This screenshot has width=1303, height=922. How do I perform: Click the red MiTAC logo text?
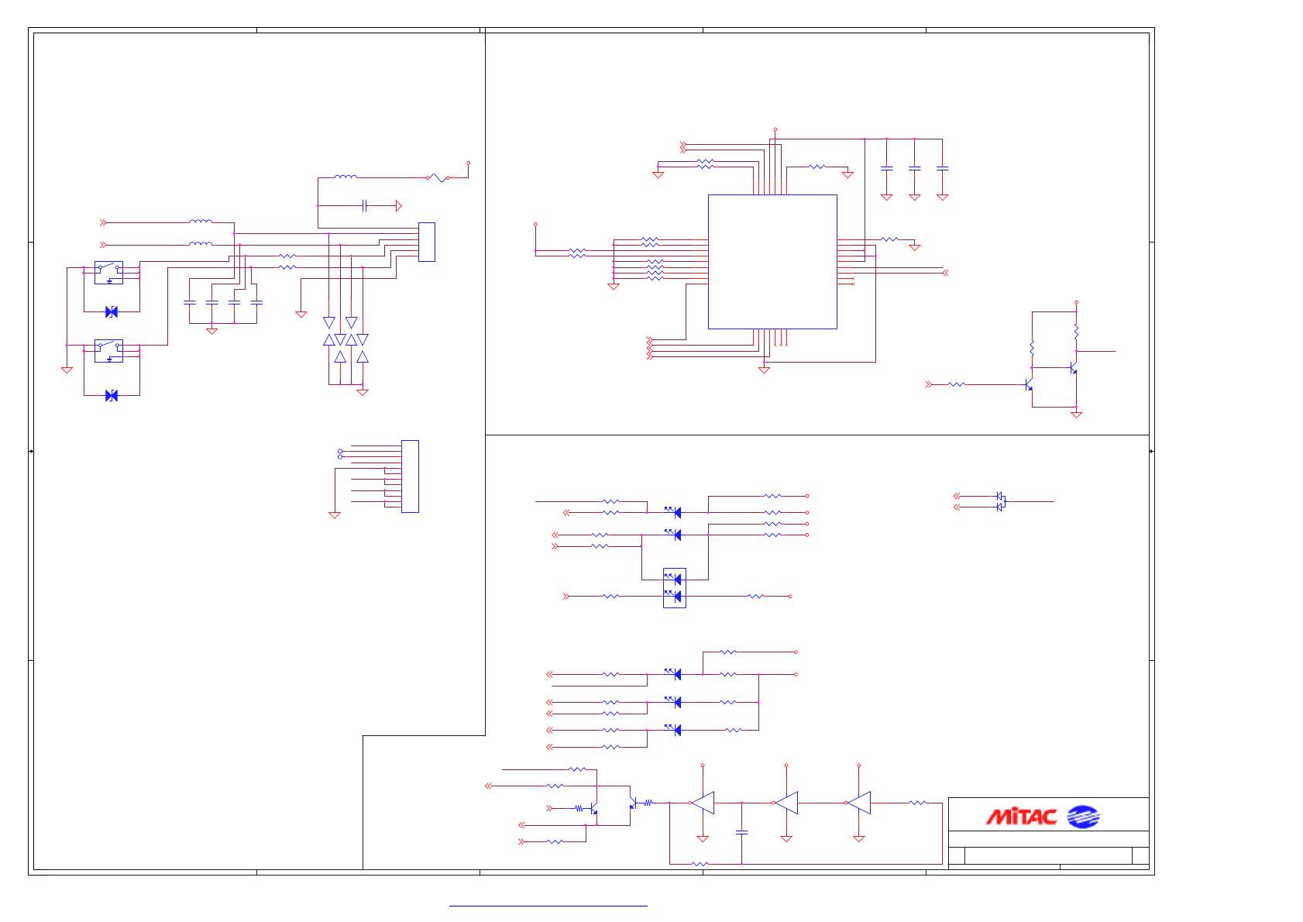[x=1021, y=817]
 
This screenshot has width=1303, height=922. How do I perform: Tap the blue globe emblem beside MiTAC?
[x=1083, y=817]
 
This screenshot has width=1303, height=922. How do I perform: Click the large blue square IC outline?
[x=772, y=262]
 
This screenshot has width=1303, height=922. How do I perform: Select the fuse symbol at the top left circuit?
[x=438, y=177]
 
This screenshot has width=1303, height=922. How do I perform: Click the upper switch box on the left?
[x=108, y=273]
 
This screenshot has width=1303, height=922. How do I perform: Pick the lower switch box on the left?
[x=108, y=351]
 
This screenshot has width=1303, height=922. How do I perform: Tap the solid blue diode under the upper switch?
[x=112, y=311]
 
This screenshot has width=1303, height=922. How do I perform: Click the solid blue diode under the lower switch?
[x=112, y=395]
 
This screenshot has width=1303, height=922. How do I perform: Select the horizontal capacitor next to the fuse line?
[x=364, y=205]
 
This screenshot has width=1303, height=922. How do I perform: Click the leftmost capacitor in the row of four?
[x=189, y=302]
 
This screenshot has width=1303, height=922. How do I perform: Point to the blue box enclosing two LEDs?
[x=675, y=588]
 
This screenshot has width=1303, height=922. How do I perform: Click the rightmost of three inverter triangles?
[x=858, y=803]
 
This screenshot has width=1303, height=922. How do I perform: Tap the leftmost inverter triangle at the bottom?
[x=703, y=803]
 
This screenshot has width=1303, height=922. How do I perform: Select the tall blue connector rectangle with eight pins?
[x=410, y=476]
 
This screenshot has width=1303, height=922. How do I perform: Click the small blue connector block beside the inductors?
[x=426, y=242]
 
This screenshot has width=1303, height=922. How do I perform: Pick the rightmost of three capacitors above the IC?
[x=942, y=168]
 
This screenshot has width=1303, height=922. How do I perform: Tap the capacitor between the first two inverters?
[x=741, y=832]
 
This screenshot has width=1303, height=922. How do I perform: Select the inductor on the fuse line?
[x=346, y=177]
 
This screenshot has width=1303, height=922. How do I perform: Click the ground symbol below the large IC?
[x=764, y=370]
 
